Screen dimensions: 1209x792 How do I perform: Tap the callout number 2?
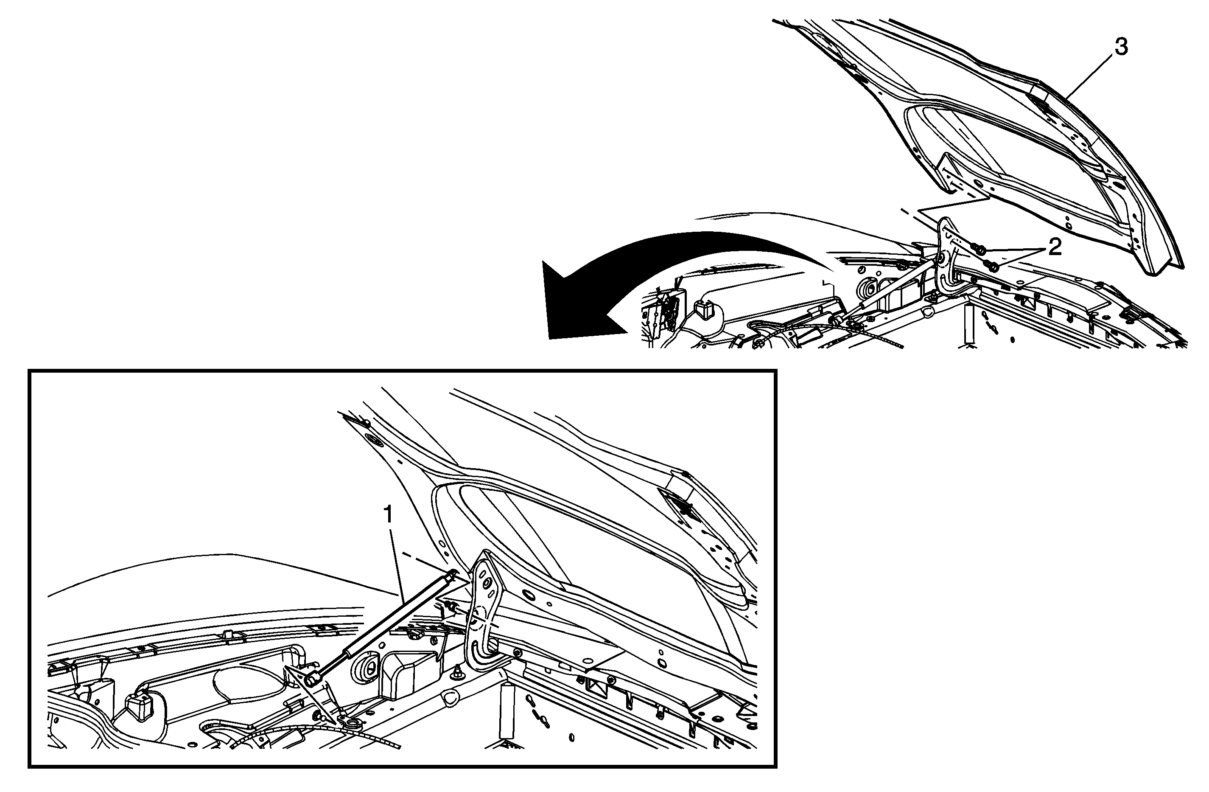click(1054, 247)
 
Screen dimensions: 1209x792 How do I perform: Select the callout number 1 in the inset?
click(388, 515)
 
